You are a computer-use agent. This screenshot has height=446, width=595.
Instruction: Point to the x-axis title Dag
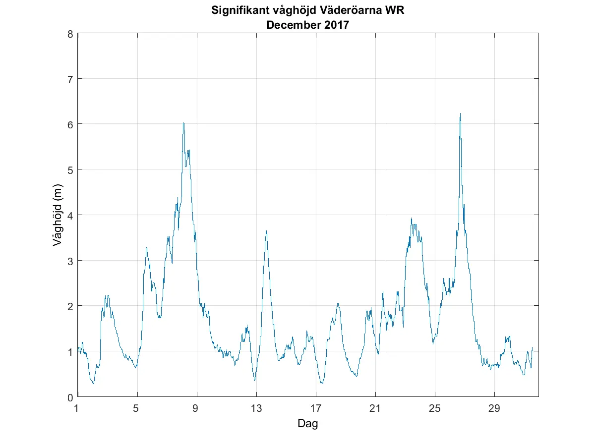[307, 424]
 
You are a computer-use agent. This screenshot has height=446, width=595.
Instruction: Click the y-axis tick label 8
[70, 34]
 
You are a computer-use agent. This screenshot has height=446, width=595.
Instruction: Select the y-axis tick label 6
[70, 124]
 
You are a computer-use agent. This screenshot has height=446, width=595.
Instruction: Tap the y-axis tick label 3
[70, 261]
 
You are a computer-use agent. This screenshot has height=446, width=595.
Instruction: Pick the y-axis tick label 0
[70, 397]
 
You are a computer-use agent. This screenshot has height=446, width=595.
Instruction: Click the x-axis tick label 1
[77, 408]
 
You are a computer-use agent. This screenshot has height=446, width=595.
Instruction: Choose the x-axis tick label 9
[197, 408]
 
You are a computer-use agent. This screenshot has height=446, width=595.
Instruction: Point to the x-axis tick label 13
[256, 408]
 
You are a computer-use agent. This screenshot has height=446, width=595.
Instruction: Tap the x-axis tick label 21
[375, 408]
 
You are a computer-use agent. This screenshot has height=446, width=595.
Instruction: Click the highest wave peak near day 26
[460, 114]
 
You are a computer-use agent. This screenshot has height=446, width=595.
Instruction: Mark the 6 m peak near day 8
[183, 123]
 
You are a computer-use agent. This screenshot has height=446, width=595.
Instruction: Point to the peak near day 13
[266, 231]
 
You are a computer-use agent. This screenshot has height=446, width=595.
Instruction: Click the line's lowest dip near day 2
[93, 383]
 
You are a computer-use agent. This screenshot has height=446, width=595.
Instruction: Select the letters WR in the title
[395, 10]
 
